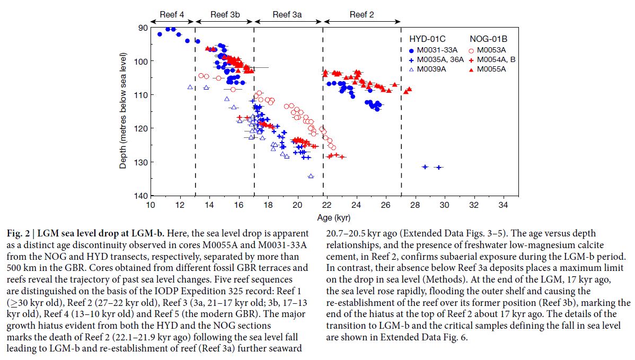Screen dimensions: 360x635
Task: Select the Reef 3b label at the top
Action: [225, 14]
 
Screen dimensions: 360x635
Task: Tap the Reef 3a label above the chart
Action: [287, 14]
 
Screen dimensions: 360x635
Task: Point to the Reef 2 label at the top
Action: [361, 14]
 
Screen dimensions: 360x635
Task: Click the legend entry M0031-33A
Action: [436, 50]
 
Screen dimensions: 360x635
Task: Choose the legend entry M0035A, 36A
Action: [440, 59]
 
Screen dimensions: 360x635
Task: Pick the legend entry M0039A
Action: [432, 69]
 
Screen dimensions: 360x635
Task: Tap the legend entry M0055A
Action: [491, 69]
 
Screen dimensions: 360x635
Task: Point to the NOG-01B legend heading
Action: [488, 39]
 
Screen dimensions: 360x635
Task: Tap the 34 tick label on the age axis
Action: [503, 205]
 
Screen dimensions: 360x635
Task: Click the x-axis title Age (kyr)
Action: [333, 217]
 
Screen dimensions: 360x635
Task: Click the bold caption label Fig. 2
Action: [20, 234]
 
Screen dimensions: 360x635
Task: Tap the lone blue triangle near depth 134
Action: [311, 176]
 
